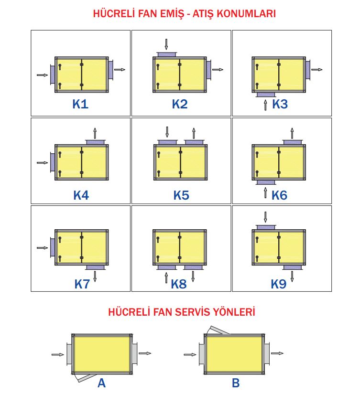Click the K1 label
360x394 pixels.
[80, 104]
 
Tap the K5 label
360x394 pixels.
[181, 195]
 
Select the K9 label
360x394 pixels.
[279, 284]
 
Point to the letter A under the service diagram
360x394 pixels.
[102, 383]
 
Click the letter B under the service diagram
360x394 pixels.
[236, 383]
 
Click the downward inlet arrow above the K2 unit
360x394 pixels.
[166, 44]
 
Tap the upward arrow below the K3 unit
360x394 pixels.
[265, 105]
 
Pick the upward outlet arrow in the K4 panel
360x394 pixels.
[95, 133]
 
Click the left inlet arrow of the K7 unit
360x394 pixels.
[42, 248]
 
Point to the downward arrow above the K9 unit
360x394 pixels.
[265, 217]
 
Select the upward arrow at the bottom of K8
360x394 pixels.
[166, 277]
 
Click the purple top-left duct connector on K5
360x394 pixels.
[168, 142]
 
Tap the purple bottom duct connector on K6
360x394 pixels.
[266, 182]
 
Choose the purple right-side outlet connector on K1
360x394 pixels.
[111, 70]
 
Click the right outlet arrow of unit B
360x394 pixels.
[277, 353]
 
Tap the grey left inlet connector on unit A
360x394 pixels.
[69, 354]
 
